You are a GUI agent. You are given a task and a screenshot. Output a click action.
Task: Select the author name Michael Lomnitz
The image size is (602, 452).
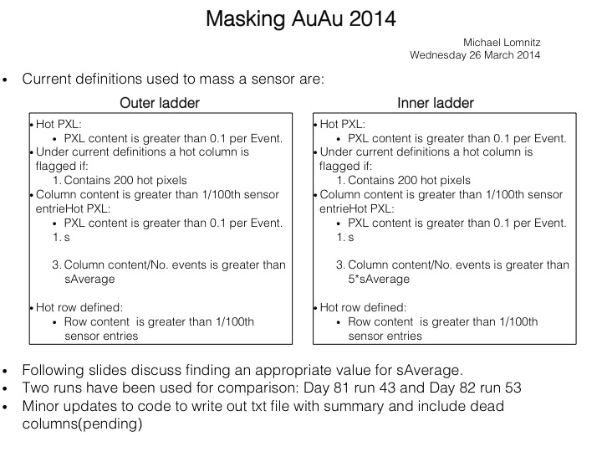[x=502, y=43]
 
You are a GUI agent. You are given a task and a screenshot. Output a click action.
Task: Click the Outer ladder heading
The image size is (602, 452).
[x=160, y=103]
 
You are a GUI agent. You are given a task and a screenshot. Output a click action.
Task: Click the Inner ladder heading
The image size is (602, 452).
[x=436, y=103]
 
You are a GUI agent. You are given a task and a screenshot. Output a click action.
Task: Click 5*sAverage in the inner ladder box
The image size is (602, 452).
[x=379, y=279]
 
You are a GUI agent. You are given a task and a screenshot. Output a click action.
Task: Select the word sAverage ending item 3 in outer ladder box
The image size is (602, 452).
[x=89, y=279]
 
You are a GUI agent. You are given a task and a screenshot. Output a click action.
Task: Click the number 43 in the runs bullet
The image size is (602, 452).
[x=387, y=388]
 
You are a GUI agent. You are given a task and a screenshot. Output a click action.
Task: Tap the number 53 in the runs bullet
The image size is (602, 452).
[x=513, y=388]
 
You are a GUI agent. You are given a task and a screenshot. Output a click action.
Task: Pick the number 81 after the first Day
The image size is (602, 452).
[x=341, y=388]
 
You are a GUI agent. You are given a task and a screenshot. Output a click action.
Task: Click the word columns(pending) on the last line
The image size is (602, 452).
[x=82, y=424]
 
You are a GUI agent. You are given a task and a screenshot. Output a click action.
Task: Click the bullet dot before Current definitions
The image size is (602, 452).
[x=5, y=80]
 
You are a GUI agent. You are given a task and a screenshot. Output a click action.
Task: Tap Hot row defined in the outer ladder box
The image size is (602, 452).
[x=79, y=307]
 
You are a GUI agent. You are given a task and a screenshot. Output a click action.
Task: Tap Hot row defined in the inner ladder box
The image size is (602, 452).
[x=363, y=307]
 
